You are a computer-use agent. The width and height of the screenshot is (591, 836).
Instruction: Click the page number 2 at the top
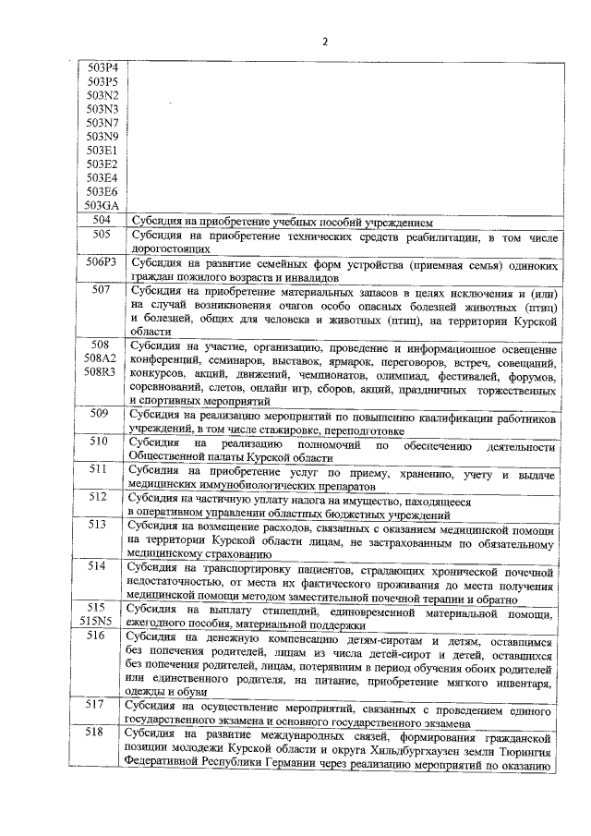tap(326, 41)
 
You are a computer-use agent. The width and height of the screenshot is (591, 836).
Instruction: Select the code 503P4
tap(102, 67)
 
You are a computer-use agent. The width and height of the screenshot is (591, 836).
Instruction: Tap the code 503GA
tap(102, 205)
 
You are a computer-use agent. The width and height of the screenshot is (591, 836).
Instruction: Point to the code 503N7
tap(102, 122)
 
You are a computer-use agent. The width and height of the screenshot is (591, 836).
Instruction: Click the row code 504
tap(102, 221)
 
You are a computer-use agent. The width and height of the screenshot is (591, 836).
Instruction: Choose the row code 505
tap(102, 236)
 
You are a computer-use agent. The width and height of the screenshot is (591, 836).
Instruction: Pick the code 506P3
tap(102, 262)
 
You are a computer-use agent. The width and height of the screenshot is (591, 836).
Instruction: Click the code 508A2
tap(102, 357)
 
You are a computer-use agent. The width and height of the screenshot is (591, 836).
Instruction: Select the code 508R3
tap(102, 371)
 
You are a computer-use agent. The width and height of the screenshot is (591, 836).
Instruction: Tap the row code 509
tap(102, 413)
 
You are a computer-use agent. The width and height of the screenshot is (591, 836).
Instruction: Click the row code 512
tap(102, 496)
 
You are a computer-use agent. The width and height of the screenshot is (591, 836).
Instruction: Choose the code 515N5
tap(102, 621)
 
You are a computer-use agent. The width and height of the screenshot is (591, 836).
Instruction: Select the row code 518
tap(102, 732)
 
